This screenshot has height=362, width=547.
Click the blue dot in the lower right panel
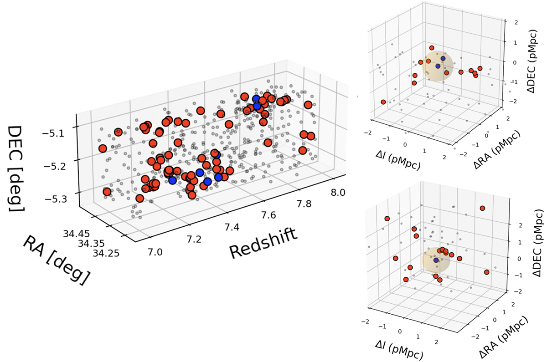pyautogui.click(x=436, y=260)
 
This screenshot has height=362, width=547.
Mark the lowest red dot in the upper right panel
pyautogui.click(x=383, y=102)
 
